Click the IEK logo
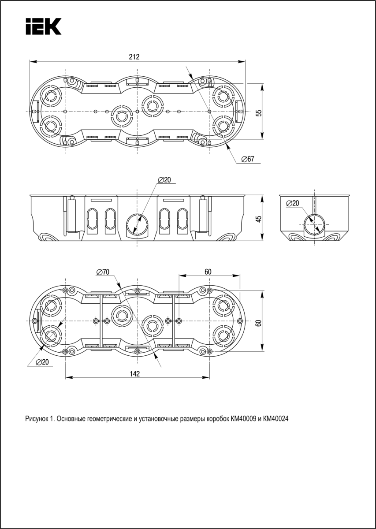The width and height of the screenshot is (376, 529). click(43, 26)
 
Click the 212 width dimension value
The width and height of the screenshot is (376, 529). click(134, 57)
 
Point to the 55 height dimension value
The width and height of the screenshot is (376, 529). click(259, 112)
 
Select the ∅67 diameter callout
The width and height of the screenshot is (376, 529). click(248, 159)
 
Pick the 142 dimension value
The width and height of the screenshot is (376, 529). click(135, 374)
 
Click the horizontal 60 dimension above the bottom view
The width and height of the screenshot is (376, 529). click(208, 272)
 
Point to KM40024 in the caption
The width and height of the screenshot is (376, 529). click(275, 419)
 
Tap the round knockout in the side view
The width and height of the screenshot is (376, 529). click(313, 224)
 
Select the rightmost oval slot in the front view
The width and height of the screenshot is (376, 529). click(182, 219)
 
